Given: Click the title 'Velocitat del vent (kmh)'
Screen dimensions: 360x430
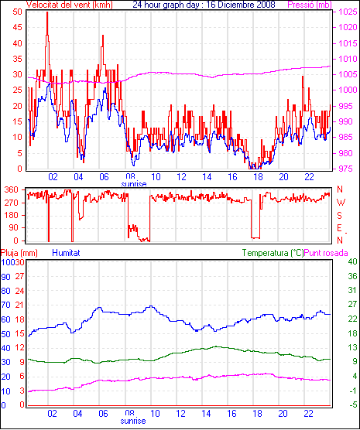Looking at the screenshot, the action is [x=70, y=5].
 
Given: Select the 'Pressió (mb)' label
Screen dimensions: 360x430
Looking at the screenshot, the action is [x=310, y=5].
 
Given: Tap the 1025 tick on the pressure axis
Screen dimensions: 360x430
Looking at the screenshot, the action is [x=348, y=12].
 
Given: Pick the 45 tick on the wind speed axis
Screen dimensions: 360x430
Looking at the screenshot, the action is [x=18, y=27].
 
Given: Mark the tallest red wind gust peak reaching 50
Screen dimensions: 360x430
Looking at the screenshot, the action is [x=47, y=13].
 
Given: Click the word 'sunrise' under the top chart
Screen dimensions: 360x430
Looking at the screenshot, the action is [x=134, y=184].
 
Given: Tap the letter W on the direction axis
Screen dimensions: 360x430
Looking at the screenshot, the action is [x=341, y=203].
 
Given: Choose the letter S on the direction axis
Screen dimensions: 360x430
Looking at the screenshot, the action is [x=339, y=216].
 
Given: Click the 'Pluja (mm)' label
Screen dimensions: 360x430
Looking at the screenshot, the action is [x=19, y=253].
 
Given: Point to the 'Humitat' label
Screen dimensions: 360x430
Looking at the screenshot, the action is [x=66, y=253].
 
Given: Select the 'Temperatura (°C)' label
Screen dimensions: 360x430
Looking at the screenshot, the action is [x=273, y=253].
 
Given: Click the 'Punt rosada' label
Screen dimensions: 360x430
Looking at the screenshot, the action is [x=326, y=253].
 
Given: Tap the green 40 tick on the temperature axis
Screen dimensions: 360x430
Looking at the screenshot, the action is [x=352, y=261].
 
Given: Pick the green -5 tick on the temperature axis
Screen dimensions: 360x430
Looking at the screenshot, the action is [x=352, y=404].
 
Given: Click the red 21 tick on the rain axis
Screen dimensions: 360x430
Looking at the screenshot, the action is [x=19, y=305].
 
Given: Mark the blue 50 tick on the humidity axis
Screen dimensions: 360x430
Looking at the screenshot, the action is [x=6, y=334].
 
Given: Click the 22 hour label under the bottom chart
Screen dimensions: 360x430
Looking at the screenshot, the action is [x=308, y=414].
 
